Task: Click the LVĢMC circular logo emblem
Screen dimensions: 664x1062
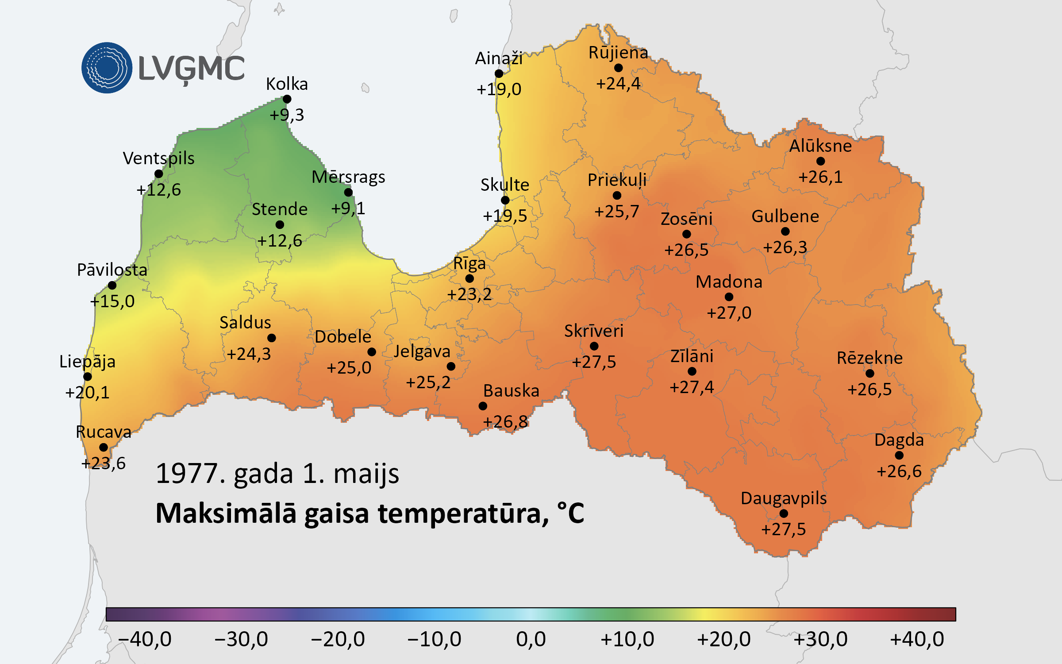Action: [107, 68]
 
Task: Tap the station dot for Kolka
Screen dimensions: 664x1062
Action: [287, 99]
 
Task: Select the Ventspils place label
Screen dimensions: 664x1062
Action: [158, 158]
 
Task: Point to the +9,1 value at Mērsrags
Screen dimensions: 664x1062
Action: [348, 208]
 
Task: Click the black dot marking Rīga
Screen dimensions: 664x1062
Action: [469, 278]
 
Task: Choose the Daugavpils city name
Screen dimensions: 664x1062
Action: [784, 498]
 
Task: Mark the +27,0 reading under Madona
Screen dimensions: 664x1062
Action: [729, 313]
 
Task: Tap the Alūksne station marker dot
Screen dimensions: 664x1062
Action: [820, 161]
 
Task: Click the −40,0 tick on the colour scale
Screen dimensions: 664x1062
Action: [145, 639]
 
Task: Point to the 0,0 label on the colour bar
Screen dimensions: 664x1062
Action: [531, 639]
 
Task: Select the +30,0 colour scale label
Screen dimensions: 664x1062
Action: [820, 639]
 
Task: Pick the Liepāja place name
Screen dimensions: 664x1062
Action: [87, 362]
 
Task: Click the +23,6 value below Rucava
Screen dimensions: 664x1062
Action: [104, 463]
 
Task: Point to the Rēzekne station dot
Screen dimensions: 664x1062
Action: [870, 374]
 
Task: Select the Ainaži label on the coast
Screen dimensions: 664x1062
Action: [499, 58]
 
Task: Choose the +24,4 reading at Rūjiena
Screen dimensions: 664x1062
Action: [618, 83]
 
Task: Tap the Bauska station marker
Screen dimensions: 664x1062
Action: [483, 406]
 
